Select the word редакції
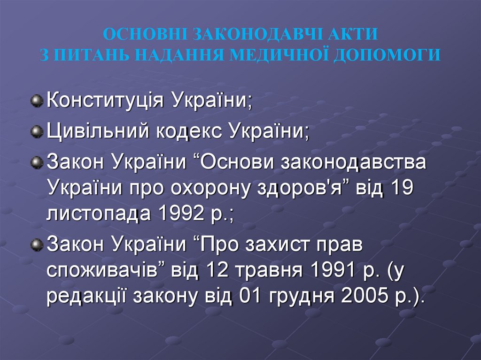89,298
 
